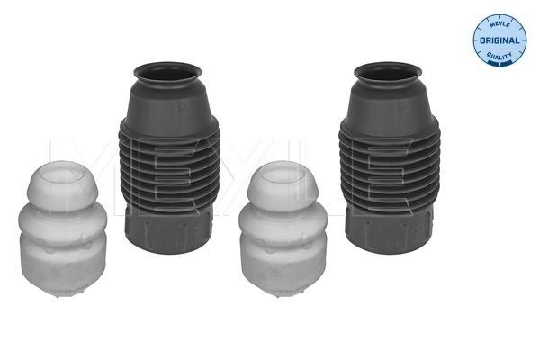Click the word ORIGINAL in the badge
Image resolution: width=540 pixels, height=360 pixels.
pyautogui.click(x=499, y=40)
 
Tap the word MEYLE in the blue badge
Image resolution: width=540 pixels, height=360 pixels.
pyautogui.click(x=499, y=24)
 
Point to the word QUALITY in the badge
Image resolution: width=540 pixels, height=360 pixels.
pyautogui.click(x=499, y=55)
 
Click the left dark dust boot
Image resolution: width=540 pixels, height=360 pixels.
pyautogui.click(x=169, y=158)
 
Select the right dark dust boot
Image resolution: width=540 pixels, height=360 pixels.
pyautogui.click(x=389, y=158)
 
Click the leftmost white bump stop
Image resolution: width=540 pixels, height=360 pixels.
pyautogui.click(x=62, y=229)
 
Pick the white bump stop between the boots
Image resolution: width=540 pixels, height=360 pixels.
pyautogui.click(x=283, y=229)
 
